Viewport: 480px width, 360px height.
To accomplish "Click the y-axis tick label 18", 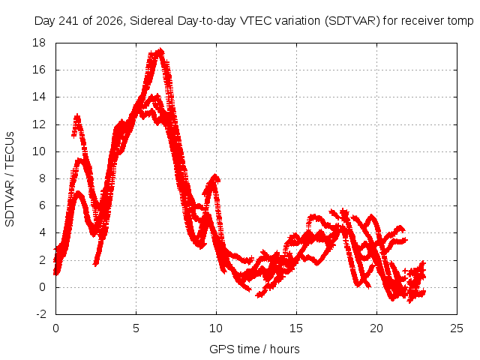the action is (39, 43).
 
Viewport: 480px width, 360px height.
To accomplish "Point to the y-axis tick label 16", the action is (39, 70).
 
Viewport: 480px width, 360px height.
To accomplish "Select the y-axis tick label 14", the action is (39, 97).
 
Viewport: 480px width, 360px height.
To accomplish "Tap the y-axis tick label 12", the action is (39, 124).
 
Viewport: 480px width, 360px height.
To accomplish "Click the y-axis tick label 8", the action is (42, 178).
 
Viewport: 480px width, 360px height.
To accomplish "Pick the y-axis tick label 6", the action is (42, 205).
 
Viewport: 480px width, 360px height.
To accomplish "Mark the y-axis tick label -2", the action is (40, 314).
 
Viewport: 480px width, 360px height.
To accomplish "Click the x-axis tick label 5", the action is (136, 328).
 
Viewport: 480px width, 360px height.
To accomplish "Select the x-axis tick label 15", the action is (296, 328).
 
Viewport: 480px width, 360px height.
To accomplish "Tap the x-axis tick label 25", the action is (457, 328).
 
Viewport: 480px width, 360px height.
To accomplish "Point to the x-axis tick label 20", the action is (376, 328).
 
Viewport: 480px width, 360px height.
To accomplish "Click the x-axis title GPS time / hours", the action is (254, 349).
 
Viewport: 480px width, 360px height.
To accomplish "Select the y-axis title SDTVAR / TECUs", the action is (10, 179).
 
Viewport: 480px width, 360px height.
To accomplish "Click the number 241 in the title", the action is (69, 21).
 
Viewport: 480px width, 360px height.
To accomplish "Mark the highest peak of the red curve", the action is (160, 50).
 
